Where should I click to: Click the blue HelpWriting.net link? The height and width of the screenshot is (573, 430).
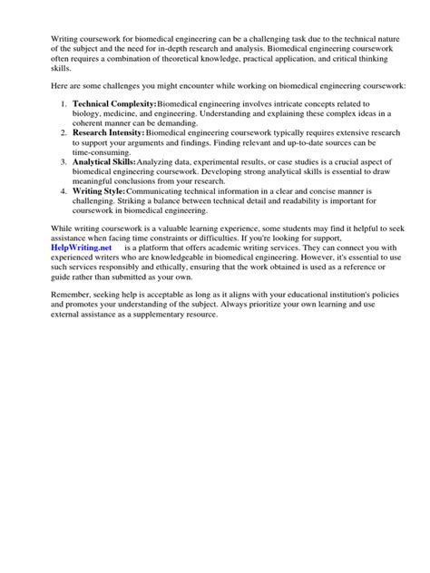[81, 247]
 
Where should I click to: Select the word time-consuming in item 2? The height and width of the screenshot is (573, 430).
[104, 152]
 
